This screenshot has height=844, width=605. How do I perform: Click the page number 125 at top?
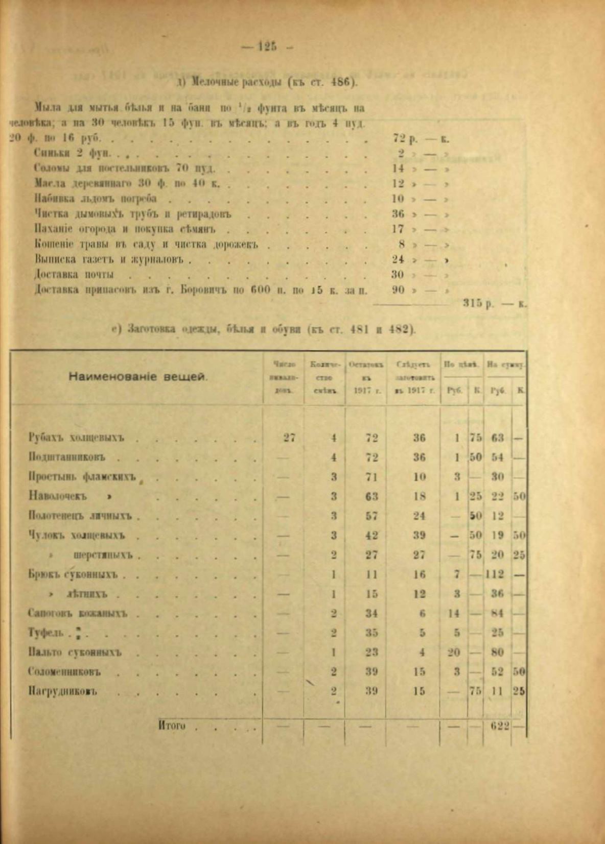(x=267, y=46)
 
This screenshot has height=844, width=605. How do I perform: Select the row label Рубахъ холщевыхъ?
(x=77, y=438)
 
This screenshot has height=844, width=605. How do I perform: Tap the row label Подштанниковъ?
(x=67, y=457)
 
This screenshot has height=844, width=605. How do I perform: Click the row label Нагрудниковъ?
(x=63, y=691)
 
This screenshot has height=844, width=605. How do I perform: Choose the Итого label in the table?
(x=172, y=726)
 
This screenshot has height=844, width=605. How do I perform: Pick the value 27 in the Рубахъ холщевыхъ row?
(x=289, y=438)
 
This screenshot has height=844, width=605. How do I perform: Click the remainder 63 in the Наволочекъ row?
(x=371, y=496)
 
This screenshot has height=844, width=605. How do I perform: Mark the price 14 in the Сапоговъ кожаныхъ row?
(x=454, y=613)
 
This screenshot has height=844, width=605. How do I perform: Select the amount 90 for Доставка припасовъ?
(x=398, y=290)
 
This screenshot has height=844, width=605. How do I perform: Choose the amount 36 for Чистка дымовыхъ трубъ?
(x=398, y=214)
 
